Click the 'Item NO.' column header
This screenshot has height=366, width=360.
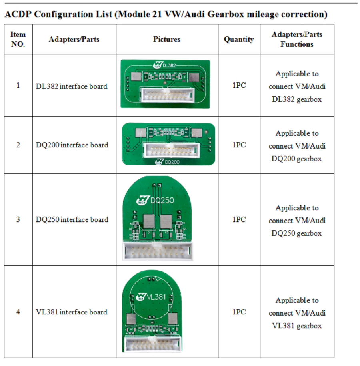pyautogui.click(x=18, y=39)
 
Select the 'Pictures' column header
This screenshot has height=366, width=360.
pyautogui.click(x=166, y=39)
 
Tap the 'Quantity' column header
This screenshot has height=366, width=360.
pyautogui.click(x=239, y=39)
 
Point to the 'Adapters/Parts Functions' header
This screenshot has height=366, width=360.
pyautogui.click(x=297, y=39)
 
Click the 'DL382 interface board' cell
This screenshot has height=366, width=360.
pyautogui.click(x=72, y=86)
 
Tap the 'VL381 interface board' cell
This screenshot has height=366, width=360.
pyautogui.click(x=72, y=312)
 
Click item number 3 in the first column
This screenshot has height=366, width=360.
pyautogui.click(x=18, y=219)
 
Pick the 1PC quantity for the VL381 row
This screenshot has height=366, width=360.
pyautogui.click(x=239, y=312)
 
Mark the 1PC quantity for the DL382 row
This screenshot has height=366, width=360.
pyautogui.click(x=239, y=86)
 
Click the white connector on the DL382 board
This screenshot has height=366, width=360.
pyautogui.click(x=165, y=96)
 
